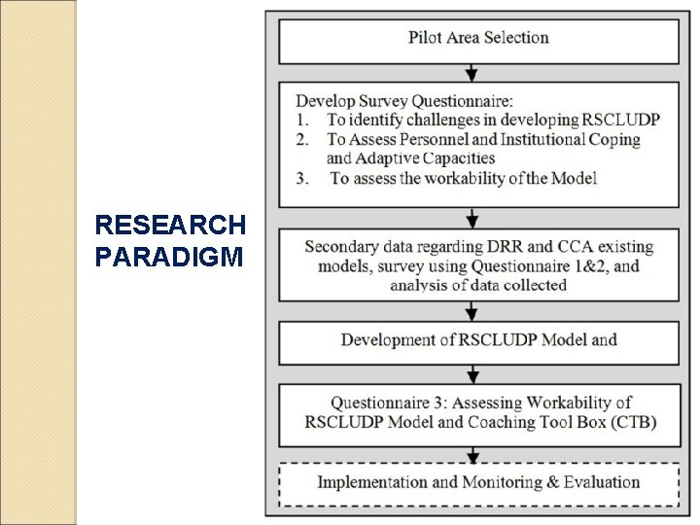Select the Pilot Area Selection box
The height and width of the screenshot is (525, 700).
click(x=478, y=39)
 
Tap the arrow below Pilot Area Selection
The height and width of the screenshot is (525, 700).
click(x=472, y=73)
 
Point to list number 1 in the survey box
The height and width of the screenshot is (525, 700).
click(x=303, y=120)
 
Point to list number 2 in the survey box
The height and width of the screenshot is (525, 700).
click(x=303, y=139)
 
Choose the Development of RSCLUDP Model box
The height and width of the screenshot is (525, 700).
click(x=478, y=340)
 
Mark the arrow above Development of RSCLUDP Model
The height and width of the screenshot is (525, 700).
click(x=472, y=311)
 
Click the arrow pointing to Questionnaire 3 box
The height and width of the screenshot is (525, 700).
click(x=472, y=374)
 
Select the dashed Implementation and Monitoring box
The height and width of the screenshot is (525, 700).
click(x=478, y=482)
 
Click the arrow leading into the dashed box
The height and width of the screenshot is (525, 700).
click(x=472, y=455)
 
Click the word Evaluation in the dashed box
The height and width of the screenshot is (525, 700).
click(x=602, y=482)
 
